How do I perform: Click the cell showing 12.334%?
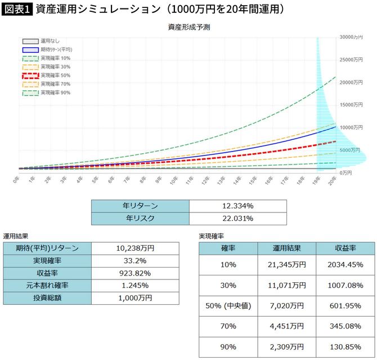(x=237, y=206)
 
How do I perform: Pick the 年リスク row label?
(x=140, y=218)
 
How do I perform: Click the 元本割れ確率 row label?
(x=47, y=285)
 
